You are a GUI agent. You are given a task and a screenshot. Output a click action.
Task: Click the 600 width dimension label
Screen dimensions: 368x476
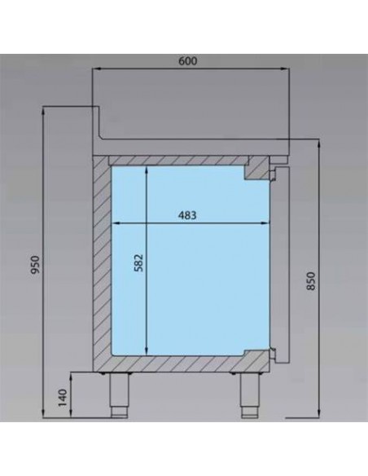[x=187, y=61]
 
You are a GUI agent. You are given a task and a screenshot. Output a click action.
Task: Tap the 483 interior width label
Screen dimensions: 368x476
[x=187, y=215]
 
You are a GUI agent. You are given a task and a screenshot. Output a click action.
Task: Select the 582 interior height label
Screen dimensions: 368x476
[x=138, y=262]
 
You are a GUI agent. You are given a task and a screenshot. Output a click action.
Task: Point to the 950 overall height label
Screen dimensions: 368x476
[x=36, y=264]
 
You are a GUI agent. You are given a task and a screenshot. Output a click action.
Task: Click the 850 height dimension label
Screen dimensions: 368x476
[x=311, y=281]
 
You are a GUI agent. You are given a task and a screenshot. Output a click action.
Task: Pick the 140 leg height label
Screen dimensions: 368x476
[x=62, y=398]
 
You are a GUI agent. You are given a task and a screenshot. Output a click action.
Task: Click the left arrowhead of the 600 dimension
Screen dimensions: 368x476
[x=96, y=69]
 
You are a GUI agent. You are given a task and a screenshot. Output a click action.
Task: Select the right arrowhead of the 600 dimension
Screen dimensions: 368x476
[x=285, y=69]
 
